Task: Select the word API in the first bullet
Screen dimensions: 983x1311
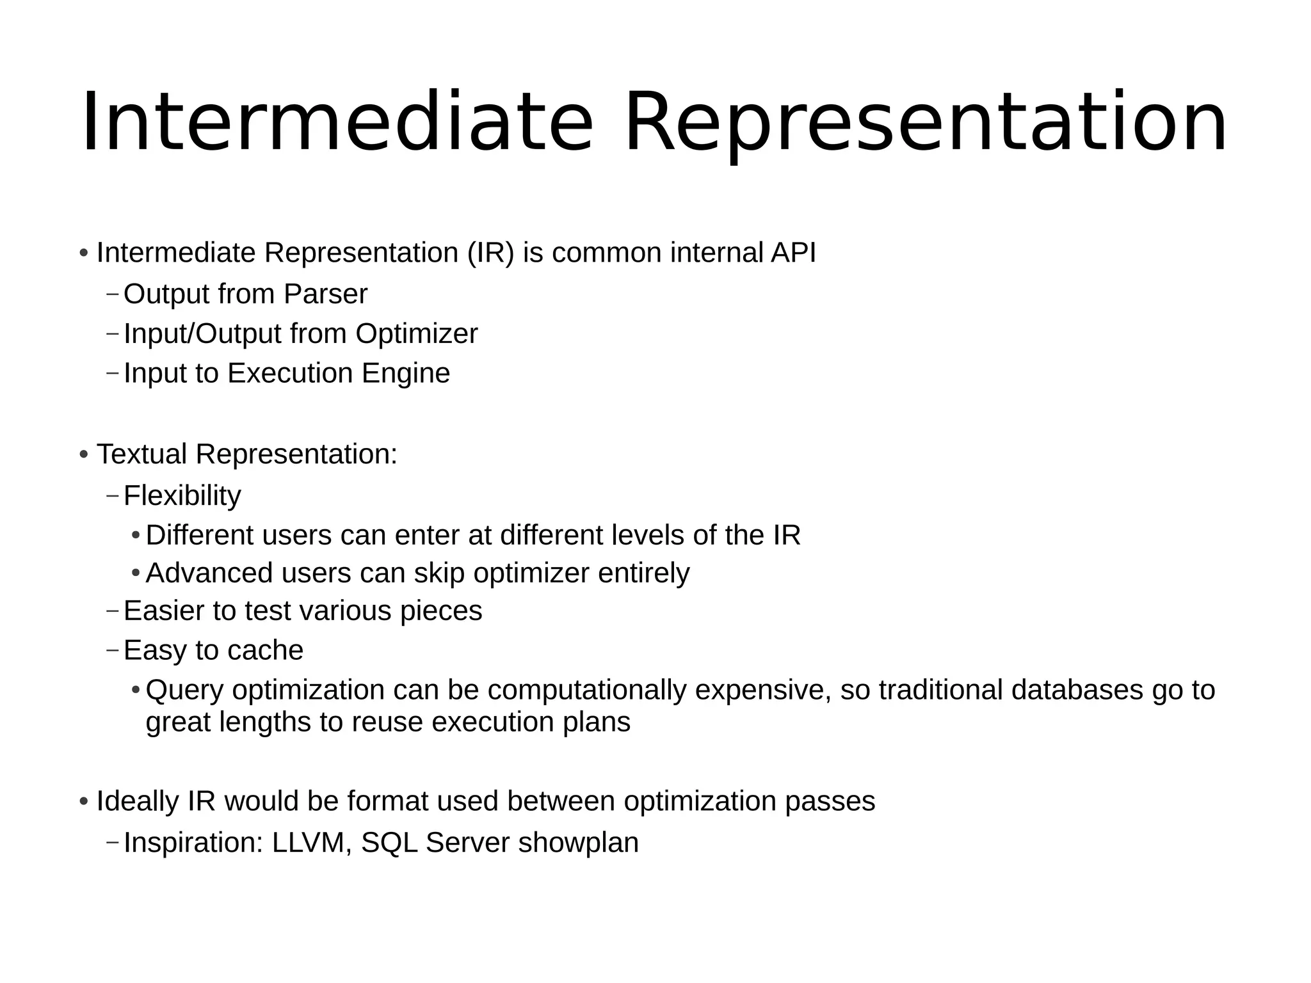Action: point(793,253)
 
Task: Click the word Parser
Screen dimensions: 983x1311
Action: point(325,294)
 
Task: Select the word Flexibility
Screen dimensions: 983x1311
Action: point(182,496)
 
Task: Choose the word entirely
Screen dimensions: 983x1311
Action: point(643,573)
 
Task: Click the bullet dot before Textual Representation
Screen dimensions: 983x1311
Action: point(84,455)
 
